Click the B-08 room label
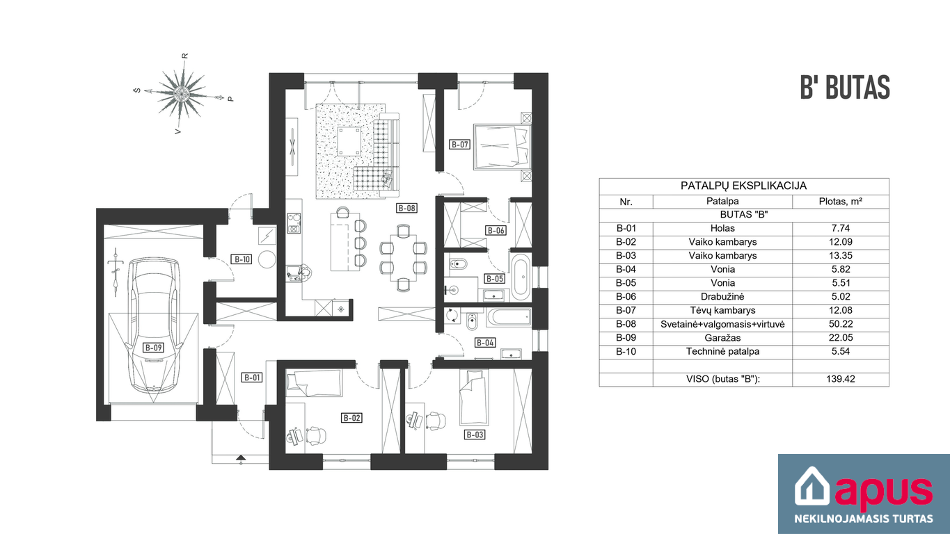click(x=406, y=208)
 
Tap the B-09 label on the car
click(x=153, y=348)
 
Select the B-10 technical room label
click(x=242, y=259)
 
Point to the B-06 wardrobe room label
click(x=496, y=231)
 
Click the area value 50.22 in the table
click(x=840, y=324)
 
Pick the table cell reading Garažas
click(x=722, y=338)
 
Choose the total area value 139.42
click(x=840, y=379)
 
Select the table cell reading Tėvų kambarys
click(x=722, y=310)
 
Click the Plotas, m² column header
click(x=840, y=202)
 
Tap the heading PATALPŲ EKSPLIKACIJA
click(x=743, y=186)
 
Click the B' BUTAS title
click(x=845, y=88)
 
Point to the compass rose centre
click(x=182, y=92)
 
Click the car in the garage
click(x=154, y=325)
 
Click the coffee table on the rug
click(x=349, y=141)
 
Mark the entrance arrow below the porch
click(x=241, y=458)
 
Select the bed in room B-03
click(x=474, y=397)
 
